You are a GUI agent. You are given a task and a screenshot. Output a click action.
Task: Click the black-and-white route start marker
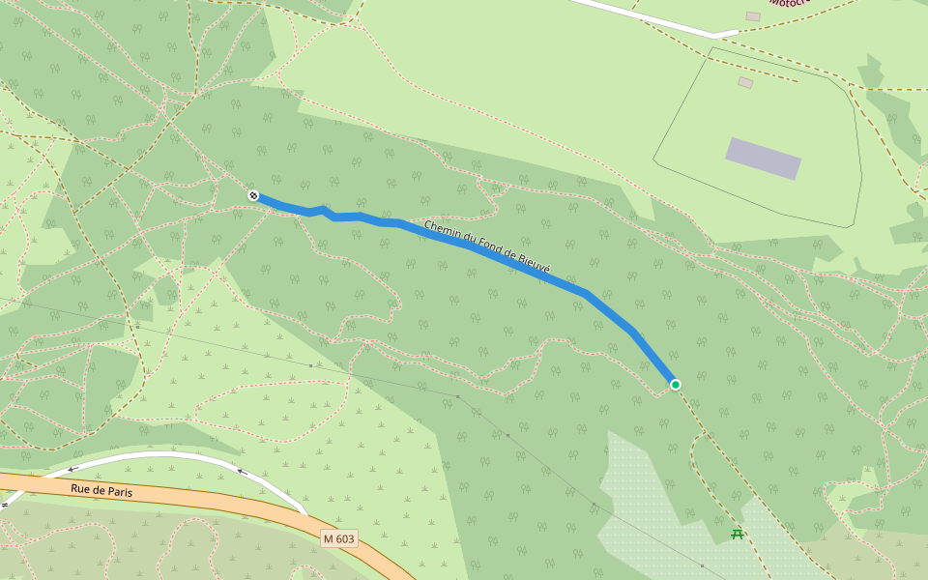253,196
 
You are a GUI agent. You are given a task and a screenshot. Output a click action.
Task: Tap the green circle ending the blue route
676,385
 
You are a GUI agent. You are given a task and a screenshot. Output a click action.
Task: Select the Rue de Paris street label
101,491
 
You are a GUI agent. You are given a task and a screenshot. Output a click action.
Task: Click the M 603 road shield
339,537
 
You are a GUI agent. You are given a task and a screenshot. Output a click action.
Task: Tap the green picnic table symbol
738,533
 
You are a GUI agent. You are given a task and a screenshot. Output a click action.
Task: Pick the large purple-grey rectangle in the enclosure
764,159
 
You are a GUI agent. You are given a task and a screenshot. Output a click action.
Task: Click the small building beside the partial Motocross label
753,16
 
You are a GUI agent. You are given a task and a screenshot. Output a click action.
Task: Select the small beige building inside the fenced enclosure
745,83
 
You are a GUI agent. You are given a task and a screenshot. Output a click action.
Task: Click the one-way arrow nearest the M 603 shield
241,472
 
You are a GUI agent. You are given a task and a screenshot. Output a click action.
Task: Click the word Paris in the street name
118,493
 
